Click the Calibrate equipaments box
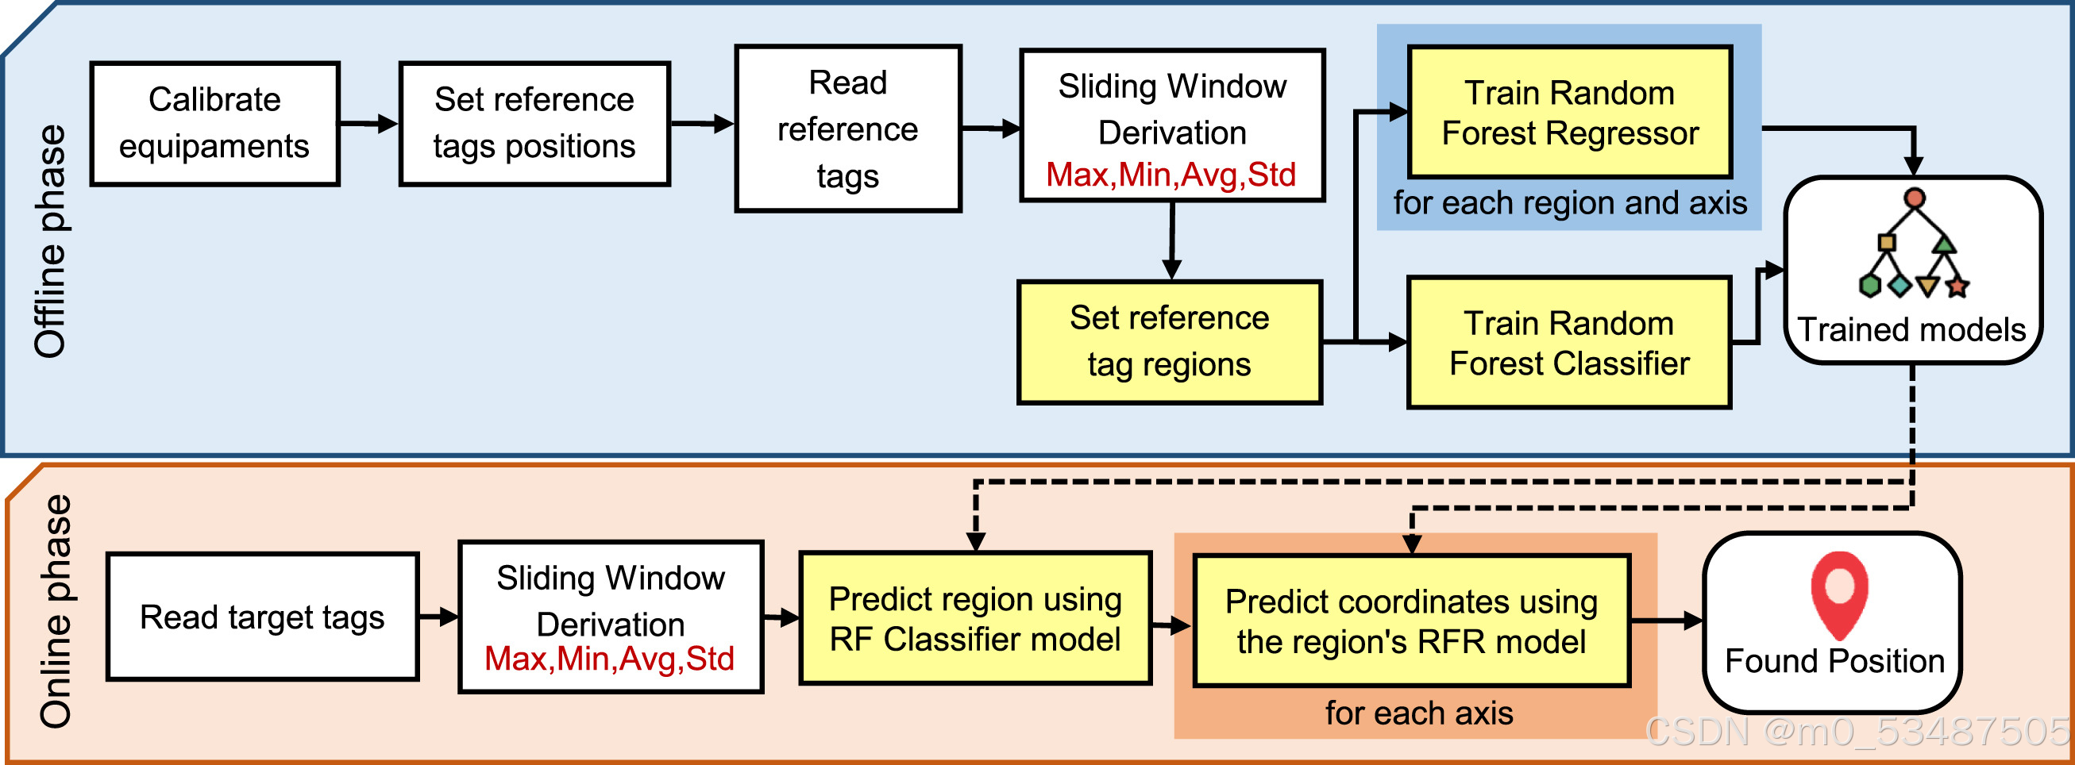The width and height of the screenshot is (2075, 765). click(x=214, y=123)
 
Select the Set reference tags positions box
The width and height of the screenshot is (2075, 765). click(x=534, y=123)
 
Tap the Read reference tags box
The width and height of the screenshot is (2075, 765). click(x=847, y=129)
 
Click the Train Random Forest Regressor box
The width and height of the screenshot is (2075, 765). click(x=1569, y=113)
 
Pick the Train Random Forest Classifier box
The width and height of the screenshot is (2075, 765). click(x=1568, y=343)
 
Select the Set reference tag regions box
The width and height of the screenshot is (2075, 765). click(x=1169, y=341)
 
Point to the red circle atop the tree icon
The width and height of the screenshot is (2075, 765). click(x=1915, y=198)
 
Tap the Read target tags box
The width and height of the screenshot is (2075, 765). click(x=262, y=617)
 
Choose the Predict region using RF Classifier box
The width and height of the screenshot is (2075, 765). click(x=974, y=618)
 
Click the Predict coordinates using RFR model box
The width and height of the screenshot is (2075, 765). click(x=1411, y=621)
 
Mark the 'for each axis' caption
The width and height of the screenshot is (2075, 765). click(x=1418, y=713)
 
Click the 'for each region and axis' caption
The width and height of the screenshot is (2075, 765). click(x=1570, y=203)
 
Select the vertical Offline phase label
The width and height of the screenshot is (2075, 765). click(x=50, y=241)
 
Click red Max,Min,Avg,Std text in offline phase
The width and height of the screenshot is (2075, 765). click(x=1171, y=175)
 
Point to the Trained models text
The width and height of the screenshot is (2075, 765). click(x=1911, y=329)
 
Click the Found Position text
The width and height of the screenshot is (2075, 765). click(x=1834, y=661)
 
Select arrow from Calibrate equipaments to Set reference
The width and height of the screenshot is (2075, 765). click(x=368, y=124)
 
